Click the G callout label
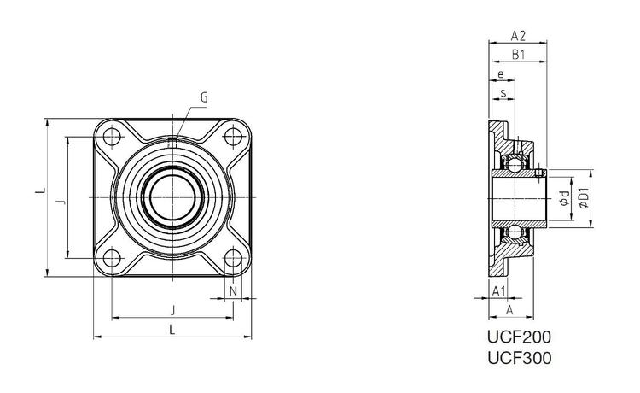(204, 97)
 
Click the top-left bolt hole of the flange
(112, 137)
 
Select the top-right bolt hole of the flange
(233, 137)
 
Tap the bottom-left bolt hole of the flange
(112, 258)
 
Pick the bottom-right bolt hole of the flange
(233, 258)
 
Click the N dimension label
(233, 291)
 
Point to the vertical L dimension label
(40, 191)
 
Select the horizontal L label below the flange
(172, 329)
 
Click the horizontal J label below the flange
(172, 310)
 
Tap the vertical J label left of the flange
(60, 202)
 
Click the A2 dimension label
(518, 36)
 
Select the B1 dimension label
(518, 55)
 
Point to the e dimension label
(500, 74)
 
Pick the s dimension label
(503, 93)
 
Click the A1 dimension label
(499, 291)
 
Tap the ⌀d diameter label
(565, 198)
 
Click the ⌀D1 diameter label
(584, 198)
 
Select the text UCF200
(519, 337)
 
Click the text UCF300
(519, 358)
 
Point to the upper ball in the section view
(515, 165)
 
